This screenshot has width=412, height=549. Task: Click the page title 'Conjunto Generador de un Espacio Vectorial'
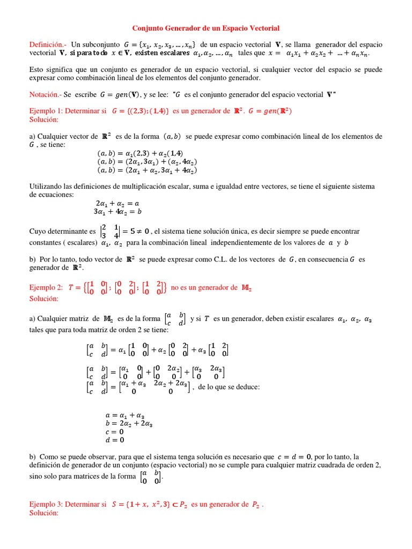pyautogui.click(x=206, y=28)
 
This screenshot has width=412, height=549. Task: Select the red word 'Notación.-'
pyautogui.click(x=45, y=94)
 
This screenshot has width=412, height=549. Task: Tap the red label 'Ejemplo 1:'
pyautogui.click(x=47, y=111)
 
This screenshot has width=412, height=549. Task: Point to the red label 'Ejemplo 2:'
pyautogui.click(x=47, y=287)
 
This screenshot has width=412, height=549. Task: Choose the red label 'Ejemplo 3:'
pyautogui.click(x=47, y=505)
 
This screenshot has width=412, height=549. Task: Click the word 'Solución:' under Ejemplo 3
pyautogui.click(x=43, y=513)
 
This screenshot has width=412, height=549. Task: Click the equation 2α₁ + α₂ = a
pyautogui.click(x=117, y=204)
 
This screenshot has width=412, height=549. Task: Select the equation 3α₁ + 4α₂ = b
pyautogui.click(x=117, y=211)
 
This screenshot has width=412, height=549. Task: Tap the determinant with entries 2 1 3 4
pyautogui.click(x=110, y=231)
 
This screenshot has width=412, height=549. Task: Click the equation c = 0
pyautogui.click(x=114, y=431)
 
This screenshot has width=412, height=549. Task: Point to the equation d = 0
pyautogui.click(x=115, y=440)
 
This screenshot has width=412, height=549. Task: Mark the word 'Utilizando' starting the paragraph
pyautogui.click(x=45, y=186)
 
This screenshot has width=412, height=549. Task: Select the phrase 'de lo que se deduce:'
pyautogui.click(x=229, y=387)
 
